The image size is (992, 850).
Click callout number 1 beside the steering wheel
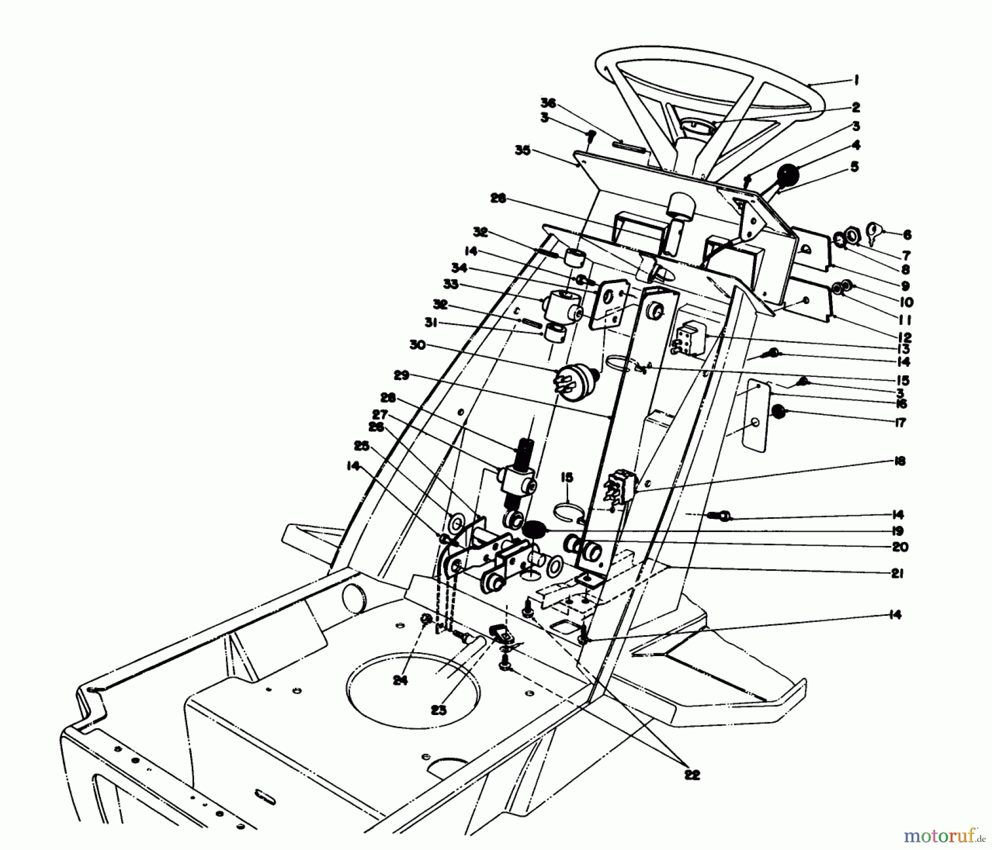[x=856, y=80]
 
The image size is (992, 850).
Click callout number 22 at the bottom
[x=692, y=775]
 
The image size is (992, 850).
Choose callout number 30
[x=417, y=345]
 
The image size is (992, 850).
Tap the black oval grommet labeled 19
[x=533, y=530]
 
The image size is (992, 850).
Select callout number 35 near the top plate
[x=522, y=150]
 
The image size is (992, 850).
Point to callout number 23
[x=439, y=710]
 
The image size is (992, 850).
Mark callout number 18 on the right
[x=899, y=462]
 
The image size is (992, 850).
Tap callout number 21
[x=897, y=573]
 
